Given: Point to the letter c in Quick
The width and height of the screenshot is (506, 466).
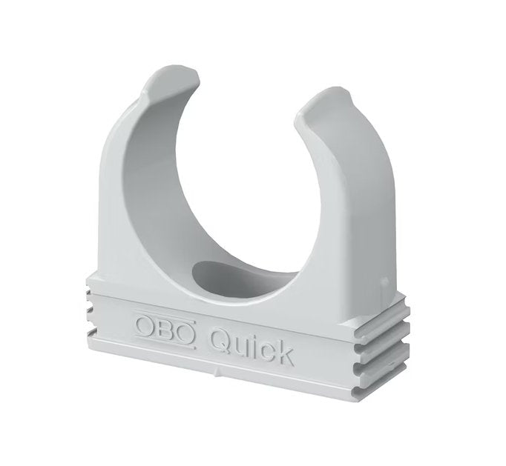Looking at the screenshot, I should [266, 347].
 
